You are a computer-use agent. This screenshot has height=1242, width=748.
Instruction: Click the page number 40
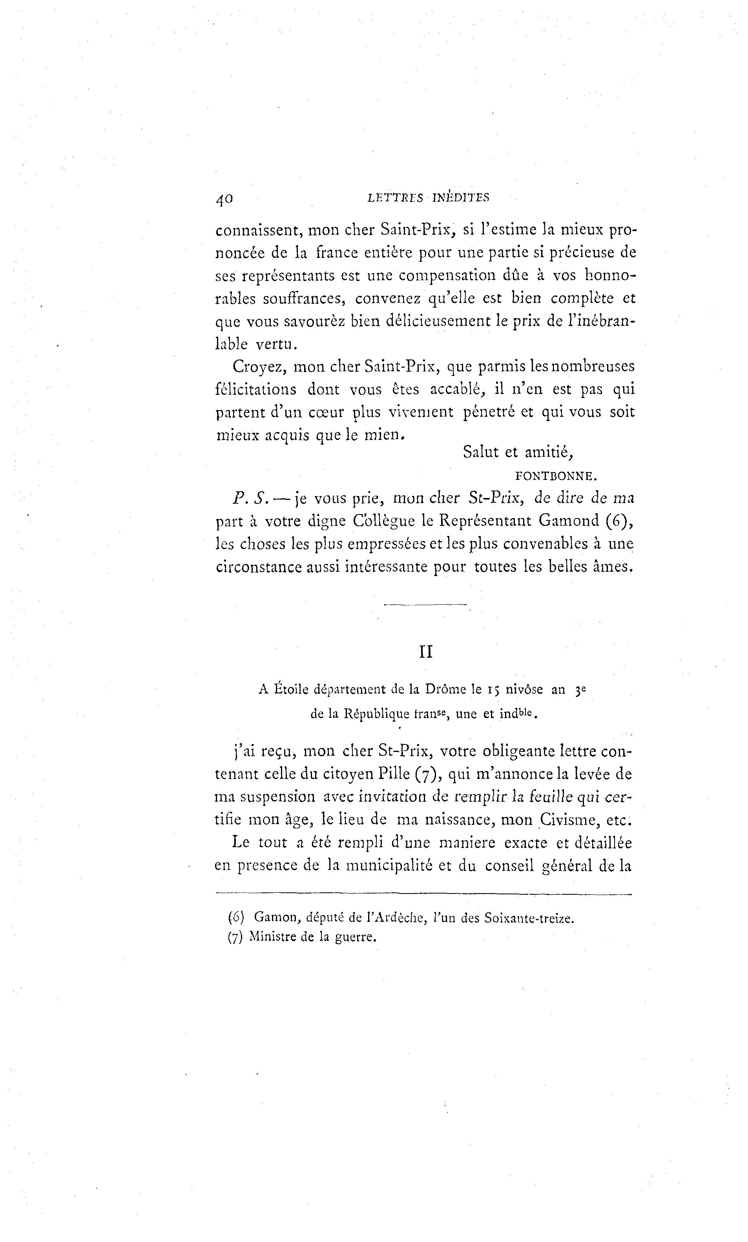click(x=224, y=199)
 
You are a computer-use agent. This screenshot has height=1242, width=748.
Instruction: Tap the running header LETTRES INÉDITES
click(x=429, y=198)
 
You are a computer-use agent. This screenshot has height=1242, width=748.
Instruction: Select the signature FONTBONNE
click(x=556, y=475)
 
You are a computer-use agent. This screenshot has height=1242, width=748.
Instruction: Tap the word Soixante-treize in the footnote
click(x=528, y=918)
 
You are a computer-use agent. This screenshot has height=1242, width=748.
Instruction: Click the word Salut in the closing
click(x=480, y=452)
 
